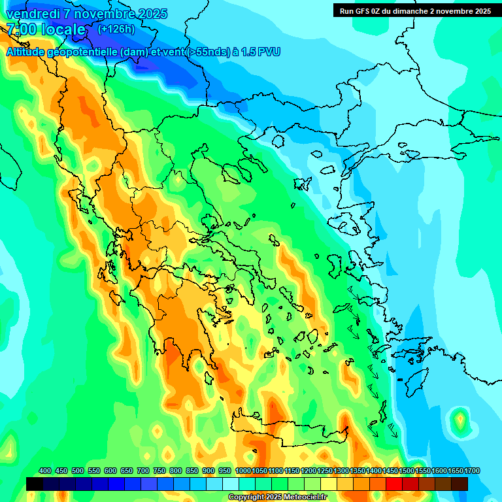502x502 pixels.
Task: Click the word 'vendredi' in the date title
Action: [x=33, y=14]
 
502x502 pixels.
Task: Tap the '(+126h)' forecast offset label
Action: [x=116, y=29]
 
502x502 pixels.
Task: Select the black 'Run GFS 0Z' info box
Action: [x=414, y=10]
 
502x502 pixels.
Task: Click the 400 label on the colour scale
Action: [x=45, y=471]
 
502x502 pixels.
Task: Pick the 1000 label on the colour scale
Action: [x=243, y=471]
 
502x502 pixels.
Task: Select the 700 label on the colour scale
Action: [x=143, y=471]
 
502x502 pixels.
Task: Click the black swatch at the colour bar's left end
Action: [x=35, y=484]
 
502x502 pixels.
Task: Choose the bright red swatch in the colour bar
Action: [x=394, y=484]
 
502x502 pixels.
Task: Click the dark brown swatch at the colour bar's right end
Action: [x=460, y=484]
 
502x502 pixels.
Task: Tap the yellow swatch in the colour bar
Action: [x=329, y=484]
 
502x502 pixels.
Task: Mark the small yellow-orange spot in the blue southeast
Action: [x=461, y=418]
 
